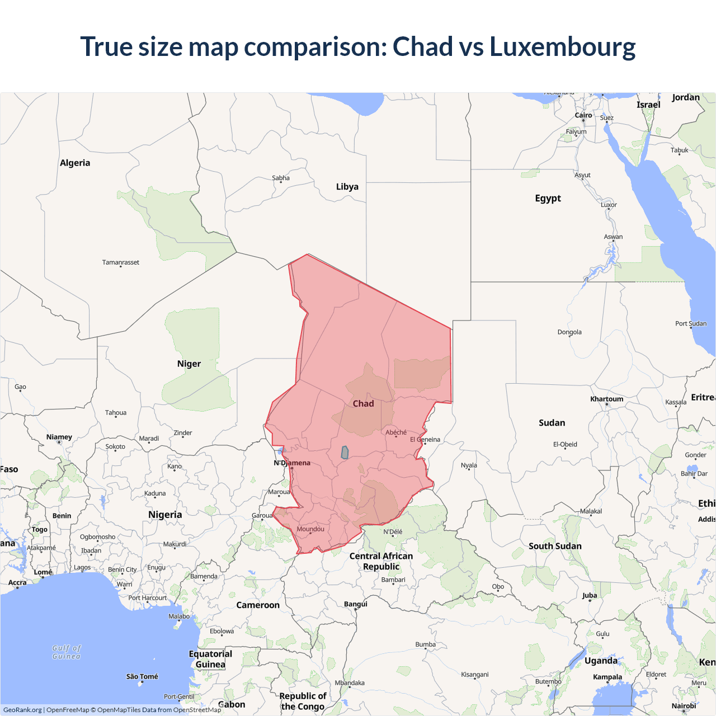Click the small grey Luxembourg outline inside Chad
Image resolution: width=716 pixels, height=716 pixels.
pos(345,453)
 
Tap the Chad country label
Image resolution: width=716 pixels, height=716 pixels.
pos(363,403)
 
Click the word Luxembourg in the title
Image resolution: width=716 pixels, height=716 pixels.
pos(562,46)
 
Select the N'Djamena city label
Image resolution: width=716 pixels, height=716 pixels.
pos(292,463)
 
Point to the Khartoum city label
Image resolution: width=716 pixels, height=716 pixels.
pos(606,399)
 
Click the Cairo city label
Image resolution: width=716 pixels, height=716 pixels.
pos(583,115)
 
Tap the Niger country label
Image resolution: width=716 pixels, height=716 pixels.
pos(189,364)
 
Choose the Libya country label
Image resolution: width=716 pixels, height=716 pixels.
pos(347,187)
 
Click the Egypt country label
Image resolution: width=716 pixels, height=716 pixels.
pos(548,198)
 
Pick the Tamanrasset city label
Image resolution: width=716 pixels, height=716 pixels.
pos(121,262)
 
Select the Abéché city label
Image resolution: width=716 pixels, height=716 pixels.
pos(396,432)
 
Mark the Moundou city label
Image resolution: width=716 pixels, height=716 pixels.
pos(310,529)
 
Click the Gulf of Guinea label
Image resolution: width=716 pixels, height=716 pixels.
pos(67,652)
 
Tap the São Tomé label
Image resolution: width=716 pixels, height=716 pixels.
pos(142,676)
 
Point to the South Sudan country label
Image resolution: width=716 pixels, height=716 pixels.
pos(555,546)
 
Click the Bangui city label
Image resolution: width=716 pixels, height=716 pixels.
pos(356,604)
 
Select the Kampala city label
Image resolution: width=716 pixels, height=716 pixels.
pos(607,677)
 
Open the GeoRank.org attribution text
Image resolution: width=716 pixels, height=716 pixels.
pos(22,710)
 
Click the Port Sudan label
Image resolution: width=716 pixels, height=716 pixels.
pos(691,323)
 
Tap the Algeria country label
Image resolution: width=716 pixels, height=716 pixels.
pos(75,163)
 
